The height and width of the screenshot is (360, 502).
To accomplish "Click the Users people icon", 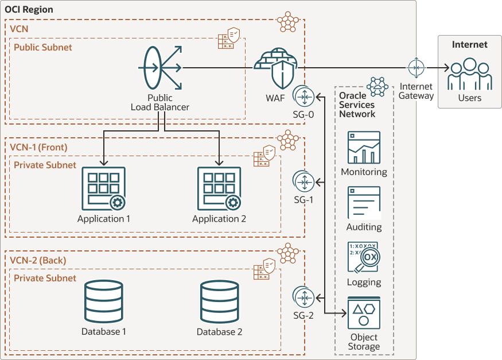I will [x=469, y=75].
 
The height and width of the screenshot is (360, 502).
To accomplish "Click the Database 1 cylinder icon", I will [x=104, y=302].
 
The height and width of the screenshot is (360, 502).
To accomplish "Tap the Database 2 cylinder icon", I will [x=219, y=302].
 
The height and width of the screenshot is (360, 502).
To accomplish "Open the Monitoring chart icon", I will [x=364, y=148].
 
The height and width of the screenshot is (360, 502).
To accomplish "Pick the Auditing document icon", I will [x=364, y=203].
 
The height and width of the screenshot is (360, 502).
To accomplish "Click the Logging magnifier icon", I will [x=364, y=257].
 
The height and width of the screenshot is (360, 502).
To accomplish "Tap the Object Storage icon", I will [x=364, y=313].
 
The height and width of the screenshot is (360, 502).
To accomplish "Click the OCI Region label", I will [x=29, y=10].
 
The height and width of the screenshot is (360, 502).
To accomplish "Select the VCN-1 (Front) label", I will [x=38, y=148].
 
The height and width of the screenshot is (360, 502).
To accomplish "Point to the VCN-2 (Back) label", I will [x=38, y=261].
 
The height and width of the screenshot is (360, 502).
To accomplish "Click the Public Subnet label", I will [x=43, y=47].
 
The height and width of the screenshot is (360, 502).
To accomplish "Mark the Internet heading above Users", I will [x=469, y=44].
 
